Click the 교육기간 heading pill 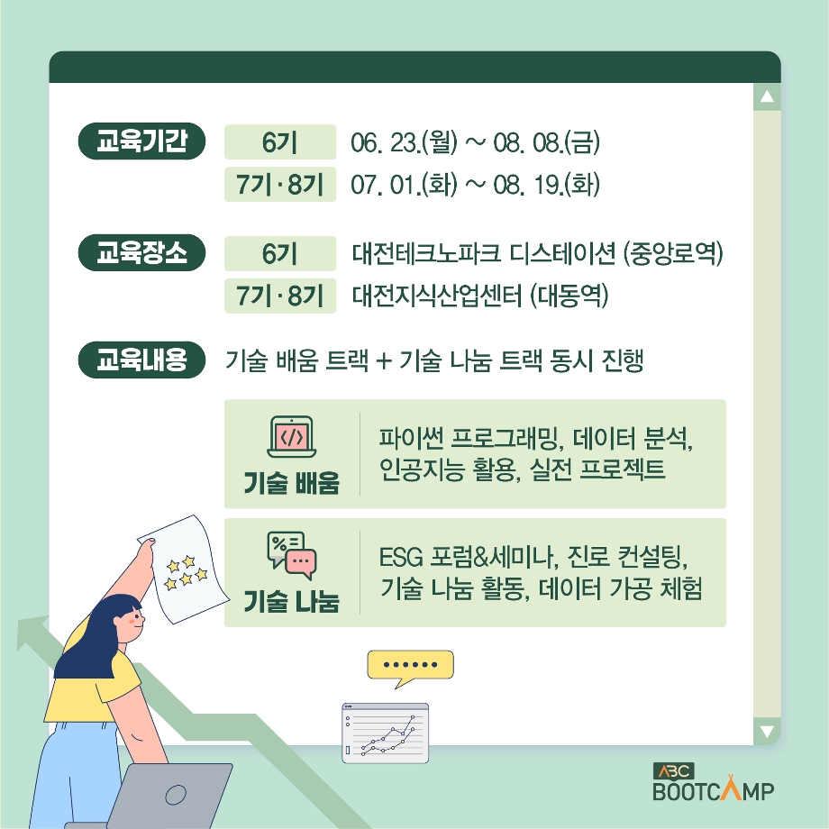coord(141,141)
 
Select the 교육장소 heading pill coord(141,252)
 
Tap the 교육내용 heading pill coord(141,360)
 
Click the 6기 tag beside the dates coord(280,141)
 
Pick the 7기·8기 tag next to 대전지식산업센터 coord(280,296)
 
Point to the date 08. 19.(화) coord(547,185)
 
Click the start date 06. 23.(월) coord(404,142)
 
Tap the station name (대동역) coord(569,296)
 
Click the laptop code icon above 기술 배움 coord(292,437)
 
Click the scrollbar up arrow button coord(767,96)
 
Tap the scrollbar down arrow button coord(767,731)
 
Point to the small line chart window coord(385,733)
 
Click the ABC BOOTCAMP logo coord(714,782)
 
